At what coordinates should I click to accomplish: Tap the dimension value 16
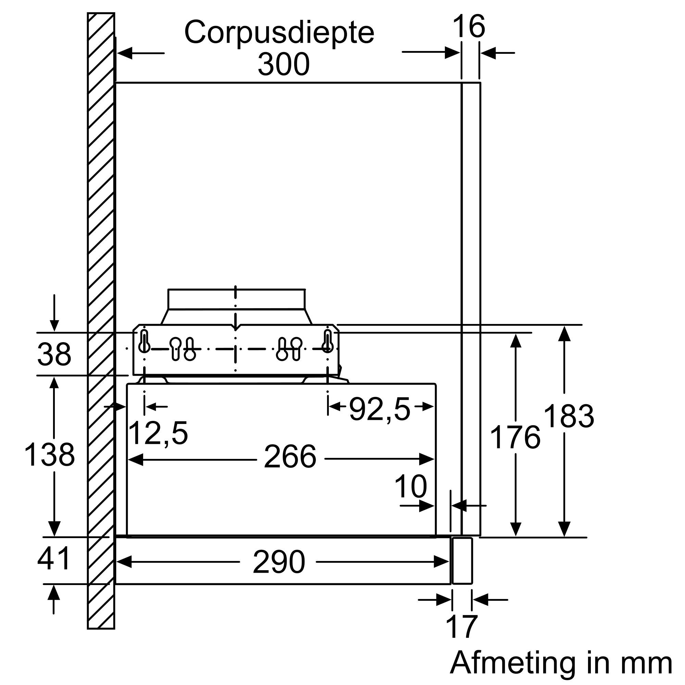[x=469, y=27]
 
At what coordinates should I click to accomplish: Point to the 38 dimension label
[x=54, y=354]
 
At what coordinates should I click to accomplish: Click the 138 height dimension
[x=50, y=455]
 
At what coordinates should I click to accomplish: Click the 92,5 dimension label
[x=379, y=409]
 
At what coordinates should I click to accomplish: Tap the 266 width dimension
[x=290, y=457]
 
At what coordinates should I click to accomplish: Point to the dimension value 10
[x=410, y=487]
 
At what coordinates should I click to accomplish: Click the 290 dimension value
[x=279, y=562]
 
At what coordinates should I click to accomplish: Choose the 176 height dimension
[x=515, y=438]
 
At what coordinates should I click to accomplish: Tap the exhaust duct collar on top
[x=236, y=300]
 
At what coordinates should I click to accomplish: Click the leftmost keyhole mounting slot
[x=144, y=341]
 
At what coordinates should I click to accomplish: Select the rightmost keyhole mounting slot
[x=328, y=341]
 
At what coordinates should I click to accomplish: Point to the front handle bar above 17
[x=462, y=561]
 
